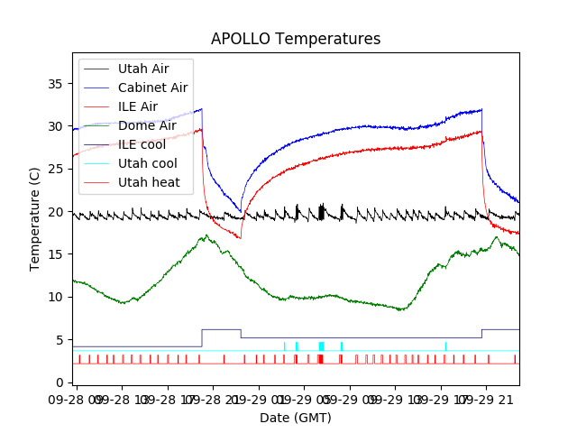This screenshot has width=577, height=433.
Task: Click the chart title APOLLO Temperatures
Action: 296,39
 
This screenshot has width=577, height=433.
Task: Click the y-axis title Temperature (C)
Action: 35,219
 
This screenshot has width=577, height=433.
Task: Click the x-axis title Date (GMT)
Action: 296,418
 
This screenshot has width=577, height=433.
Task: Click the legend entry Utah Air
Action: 142,69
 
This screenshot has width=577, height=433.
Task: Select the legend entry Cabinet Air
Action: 152,88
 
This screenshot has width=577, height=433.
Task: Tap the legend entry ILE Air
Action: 137,106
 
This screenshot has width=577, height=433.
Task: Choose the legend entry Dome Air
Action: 147,125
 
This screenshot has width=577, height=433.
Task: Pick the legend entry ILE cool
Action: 142,144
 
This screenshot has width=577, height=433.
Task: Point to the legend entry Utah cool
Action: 147,163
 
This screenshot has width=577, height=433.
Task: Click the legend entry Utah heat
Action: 149,182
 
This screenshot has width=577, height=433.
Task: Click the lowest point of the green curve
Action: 403,310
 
